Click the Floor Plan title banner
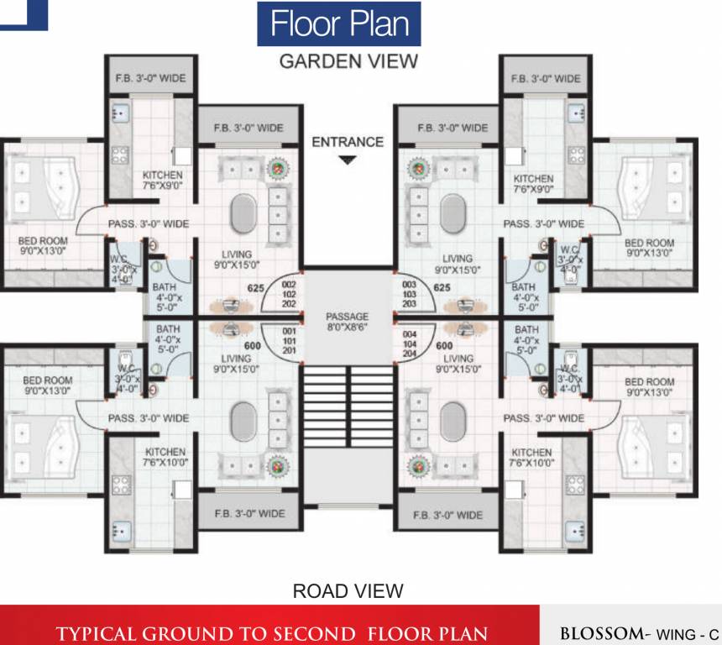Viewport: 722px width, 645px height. click(x=339, y=24)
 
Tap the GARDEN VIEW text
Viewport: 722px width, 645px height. click(x=348, y=61)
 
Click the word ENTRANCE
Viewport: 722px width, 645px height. click(x=348, y=142)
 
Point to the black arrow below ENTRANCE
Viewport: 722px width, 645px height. click(x=348, y=160)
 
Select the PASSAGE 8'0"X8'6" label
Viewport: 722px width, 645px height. click(x=348, y=323)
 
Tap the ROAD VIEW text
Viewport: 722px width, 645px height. click(x=348, y=591)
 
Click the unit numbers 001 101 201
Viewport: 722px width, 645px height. click(x=290, y=344)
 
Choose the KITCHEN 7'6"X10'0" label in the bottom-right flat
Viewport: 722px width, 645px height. click(x=531, y=458)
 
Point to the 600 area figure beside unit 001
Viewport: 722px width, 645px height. click(x=251, y=345)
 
